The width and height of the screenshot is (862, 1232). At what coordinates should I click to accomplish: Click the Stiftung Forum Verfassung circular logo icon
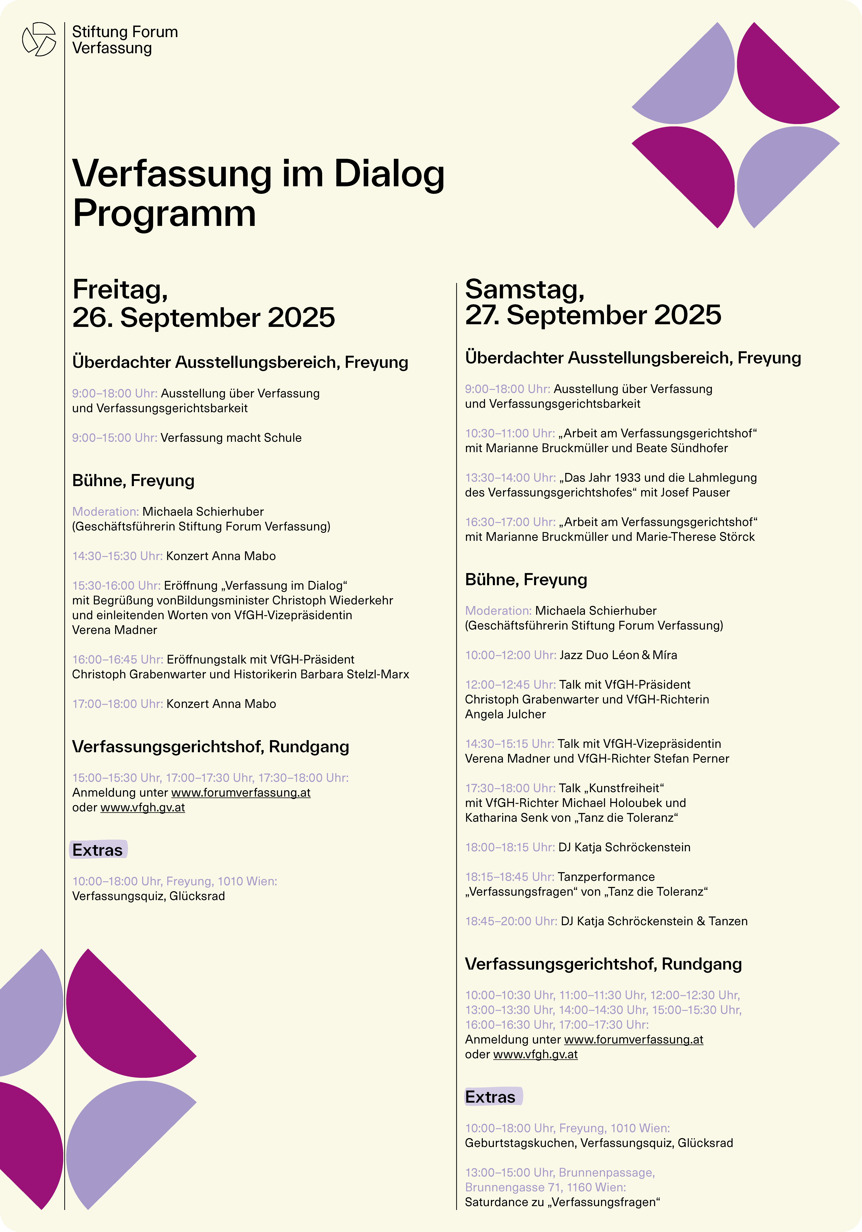tap(39, 39)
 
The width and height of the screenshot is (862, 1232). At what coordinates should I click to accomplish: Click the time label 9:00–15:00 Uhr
tap(114, 438)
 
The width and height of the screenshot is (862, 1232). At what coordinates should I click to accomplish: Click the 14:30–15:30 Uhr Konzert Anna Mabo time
tap(117, 556)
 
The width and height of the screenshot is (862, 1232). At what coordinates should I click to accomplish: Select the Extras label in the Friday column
tap(98, 850)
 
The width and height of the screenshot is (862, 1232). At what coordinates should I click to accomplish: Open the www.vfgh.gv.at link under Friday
tap(143, 808)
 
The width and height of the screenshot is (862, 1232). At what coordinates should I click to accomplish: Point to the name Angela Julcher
tap(505, 714)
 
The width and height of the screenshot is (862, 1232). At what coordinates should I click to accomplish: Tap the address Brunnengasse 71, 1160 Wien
tap(545, 1187)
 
